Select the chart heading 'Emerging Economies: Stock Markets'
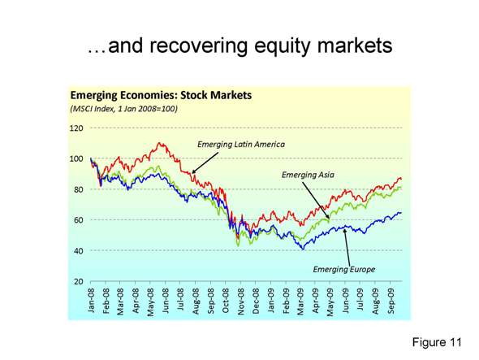162,94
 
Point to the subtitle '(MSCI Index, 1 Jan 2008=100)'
124,108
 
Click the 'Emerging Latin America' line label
241,144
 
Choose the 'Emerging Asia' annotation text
309,174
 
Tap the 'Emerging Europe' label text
344,268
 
